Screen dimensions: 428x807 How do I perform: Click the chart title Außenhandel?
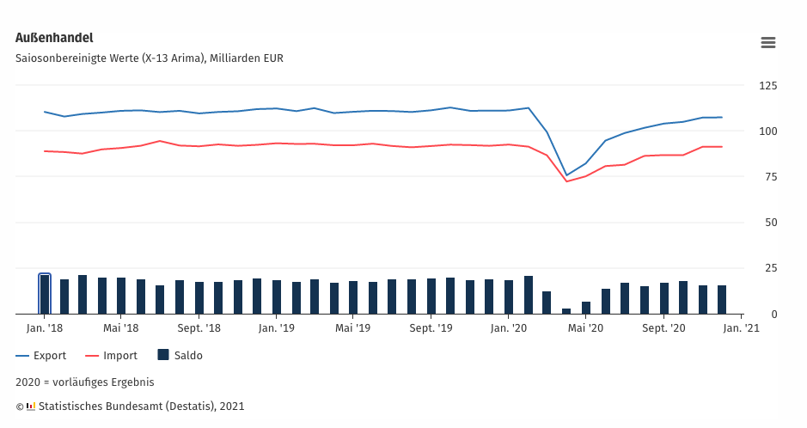coord(54,38)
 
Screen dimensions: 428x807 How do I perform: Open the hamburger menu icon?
coord(768,42)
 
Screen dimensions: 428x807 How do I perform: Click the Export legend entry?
coord(42,355)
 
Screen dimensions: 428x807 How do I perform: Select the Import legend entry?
coord(112,355)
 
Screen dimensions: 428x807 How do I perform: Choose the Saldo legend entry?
coord(180,355)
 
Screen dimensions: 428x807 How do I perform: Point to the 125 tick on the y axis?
coord(767,86)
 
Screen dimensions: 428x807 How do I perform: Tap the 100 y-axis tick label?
coord(767,131)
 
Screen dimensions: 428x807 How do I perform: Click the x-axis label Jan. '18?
coord(45,327)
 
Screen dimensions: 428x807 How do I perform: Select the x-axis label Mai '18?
coord(121,327)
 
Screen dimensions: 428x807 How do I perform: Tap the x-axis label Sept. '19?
coord(431,327)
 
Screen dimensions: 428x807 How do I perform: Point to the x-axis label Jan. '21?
coord(742,327)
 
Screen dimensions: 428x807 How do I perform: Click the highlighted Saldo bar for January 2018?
coord(45,295)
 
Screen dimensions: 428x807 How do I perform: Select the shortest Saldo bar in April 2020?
coord(566,311)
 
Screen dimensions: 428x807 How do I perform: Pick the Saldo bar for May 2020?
coord(586,308)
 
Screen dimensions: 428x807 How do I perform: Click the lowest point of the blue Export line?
coord(566,175)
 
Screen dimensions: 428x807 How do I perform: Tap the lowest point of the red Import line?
coord(566,181)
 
